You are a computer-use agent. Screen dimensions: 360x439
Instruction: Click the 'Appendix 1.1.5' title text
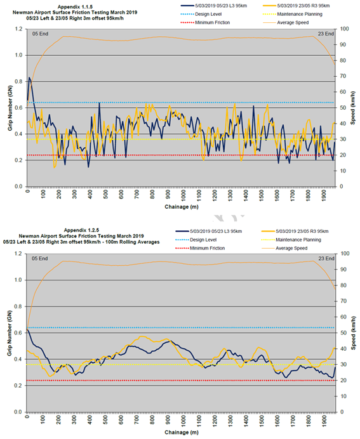(75, 7)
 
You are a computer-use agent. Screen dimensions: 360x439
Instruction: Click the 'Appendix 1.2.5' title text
(81, 230)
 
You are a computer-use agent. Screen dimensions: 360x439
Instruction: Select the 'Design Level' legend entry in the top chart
(201, 15)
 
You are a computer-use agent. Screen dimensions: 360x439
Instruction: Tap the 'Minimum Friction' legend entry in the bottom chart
(200, 248)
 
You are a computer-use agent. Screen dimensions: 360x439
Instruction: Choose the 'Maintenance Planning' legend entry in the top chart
(293, 15)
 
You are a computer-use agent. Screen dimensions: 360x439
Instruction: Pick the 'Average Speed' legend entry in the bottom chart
(284, 248)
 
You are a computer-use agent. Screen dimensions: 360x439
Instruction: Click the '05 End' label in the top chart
(40, 34)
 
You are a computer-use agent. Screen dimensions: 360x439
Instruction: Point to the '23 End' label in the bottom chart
(326, 258)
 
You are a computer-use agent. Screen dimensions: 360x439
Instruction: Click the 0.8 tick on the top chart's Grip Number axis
(19, 81)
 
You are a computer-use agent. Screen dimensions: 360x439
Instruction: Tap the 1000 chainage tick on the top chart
(183, 194)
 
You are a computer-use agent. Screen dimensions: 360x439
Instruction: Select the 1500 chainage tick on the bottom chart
(262, 419)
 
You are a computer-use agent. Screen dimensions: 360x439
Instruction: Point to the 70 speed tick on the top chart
(343, 76)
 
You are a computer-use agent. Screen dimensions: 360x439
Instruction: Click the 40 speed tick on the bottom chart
(343, 349)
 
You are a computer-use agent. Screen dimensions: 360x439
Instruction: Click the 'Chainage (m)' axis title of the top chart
(182, 207)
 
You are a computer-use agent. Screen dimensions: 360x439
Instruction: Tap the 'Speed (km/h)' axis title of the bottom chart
(353, 333)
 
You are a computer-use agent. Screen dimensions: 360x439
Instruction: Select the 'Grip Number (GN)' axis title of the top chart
(10, 108)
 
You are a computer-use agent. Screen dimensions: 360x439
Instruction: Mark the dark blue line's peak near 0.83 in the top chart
(29, 77)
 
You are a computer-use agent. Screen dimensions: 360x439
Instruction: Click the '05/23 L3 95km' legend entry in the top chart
(214, 6)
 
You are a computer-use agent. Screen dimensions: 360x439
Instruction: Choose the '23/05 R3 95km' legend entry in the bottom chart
(295, 232)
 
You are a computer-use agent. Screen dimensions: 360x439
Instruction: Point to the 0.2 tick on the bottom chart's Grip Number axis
(18, 386)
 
